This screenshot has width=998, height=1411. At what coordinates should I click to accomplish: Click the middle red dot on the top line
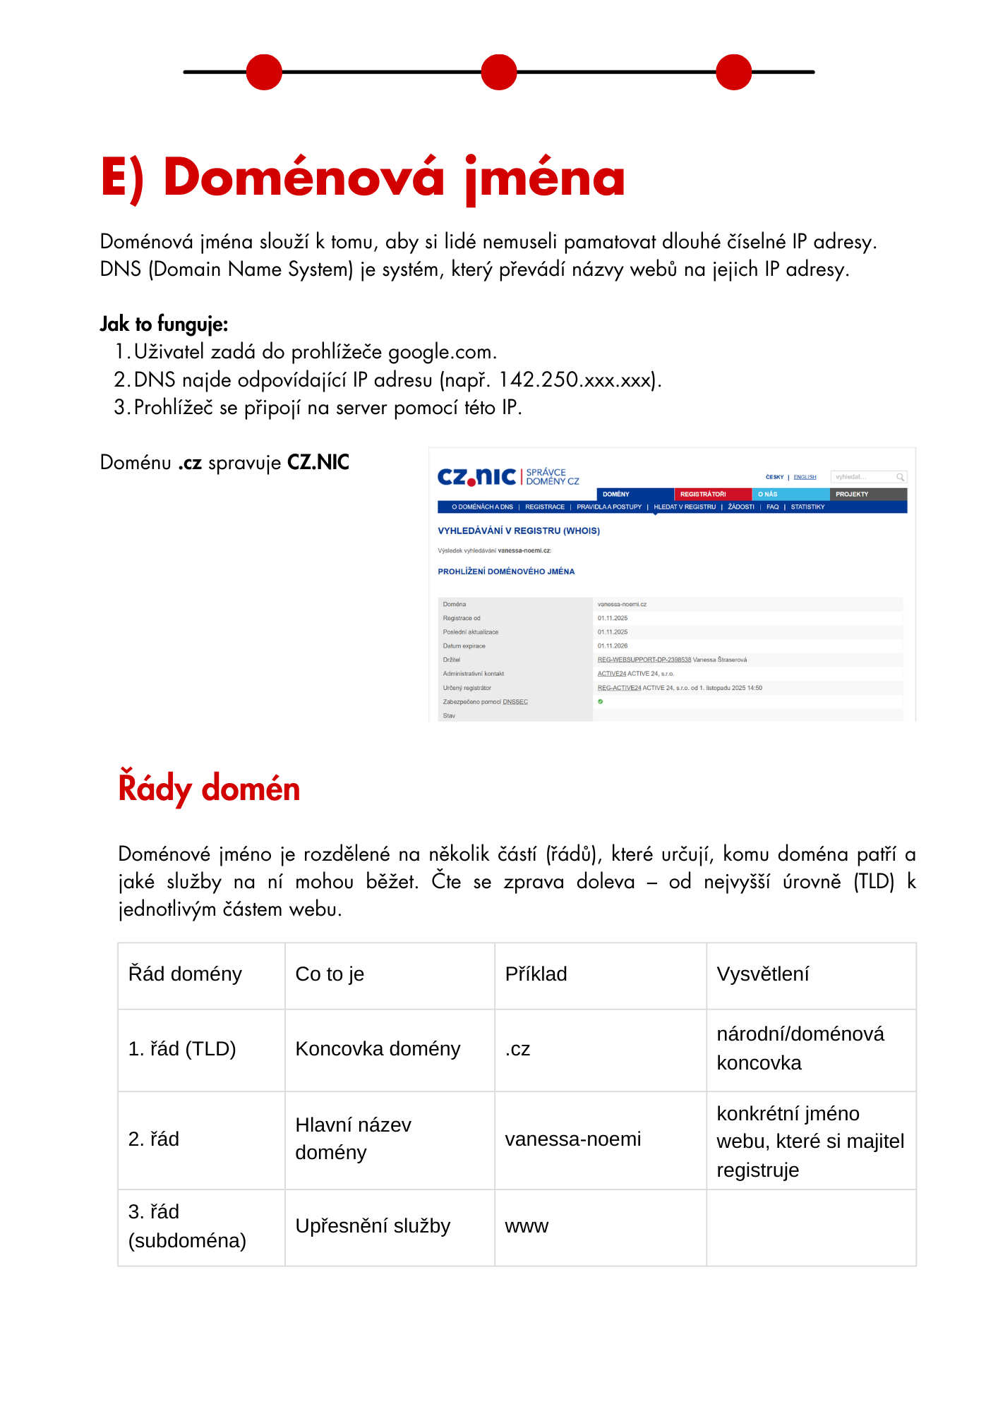click(x=499, y=72)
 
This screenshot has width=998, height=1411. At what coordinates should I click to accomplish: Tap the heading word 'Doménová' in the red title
click(x=303, y=177)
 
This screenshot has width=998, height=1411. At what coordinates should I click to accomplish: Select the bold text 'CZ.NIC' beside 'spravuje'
click(x=318, y=463)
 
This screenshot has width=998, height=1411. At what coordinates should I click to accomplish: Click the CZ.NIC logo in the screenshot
click(x=477, y=477)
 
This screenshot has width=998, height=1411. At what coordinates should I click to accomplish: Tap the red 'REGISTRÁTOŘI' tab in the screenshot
click(x=703, y=494)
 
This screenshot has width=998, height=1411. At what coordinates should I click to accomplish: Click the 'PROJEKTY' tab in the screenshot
click(x=852, y=494)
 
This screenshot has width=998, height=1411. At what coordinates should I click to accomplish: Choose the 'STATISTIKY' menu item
click(x=807, y=507)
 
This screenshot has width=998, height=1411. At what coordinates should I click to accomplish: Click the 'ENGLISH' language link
click(x=805, y=477)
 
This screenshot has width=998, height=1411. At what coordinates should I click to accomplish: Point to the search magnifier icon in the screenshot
click(x=900, y=477)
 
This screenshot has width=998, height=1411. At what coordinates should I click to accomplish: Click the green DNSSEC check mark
click(x=601, y=701)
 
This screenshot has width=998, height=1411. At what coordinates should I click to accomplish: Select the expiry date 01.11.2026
click(x=613, y=646)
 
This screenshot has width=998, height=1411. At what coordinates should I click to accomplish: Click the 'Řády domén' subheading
click(x=209, y=788)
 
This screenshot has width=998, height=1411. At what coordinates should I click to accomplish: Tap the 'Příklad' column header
click(x=536, y=974)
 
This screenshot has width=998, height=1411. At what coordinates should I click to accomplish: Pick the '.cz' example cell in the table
click(x=517, y=1049)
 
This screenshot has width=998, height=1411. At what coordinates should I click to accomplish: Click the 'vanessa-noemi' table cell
click(x=572, y=1139)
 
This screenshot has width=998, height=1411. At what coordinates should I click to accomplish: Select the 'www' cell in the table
click(x=527, y=1226)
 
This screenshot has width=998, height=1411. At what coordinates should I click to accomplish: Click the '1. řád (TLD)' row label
click(x=182, y=1049)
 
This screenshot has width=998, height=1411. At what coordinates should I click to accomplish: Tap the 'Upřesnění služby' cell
click(x=373, y=1226)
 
